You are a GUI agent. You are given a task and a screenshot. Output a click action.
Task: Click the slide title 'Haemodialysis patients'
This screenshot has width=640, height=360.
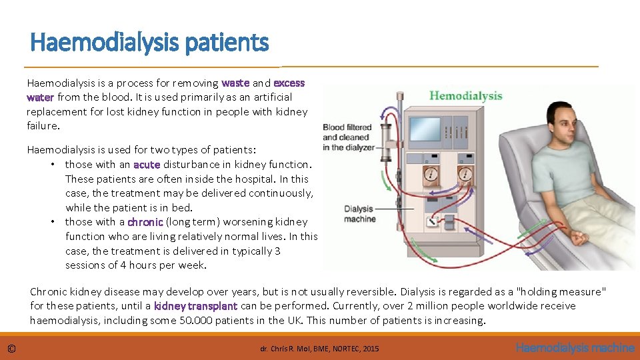(149, 43)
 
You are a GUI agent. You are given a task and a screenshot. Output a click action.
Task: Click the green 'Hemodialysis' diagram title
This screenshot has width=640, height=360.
(465, 95)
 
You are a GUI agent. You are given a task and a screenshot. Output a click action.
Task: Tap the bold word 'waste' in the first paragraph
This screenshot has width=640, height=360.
(235, 83)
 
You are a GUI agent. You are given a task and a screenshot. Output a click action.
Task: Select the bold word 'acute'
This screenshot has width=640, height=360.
(147, 165)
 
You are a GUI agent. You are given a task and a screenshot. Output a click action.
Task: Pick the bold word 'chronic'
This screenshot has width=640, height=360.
(145, 222)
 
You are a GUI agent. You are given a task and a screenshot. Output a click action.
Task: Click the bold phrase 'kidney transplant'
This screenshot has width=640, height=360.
(195, 307)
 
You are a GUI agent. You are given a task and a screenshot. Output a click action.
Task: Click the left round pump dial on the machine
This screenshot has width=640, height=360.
(431, 175)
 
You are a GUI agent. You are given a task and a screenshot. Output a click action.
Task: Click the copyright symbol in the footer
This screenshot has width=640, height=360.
(11, 348)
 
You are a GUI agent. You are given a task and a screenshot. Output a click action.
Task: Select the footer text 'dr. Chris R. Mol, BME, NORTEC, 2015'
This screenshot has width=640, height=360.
(319, 349)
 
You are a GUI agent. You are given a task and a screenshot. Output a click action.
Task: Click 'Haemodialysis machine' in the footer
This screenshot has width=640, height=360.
(575, 347)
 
